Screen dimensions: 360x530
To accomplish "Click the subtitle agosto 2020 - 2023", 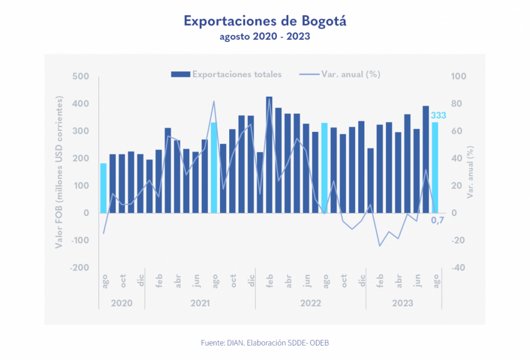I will click(264, 37).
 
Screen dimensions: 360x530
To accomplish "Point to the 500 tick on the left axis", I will click(83, 77).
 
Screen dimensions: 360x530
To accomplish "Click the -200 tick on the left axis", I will click(81, 268).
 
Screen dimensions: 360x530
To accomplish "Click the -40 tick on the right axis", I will click(460, 268).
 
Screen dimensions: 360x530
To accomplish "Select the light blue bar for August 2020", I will click(104, 188).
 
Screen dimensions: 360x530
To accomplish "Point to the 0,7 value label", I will click(438, 221).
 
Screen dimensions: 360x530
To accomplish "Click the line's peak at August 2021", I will click(214, 101).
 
